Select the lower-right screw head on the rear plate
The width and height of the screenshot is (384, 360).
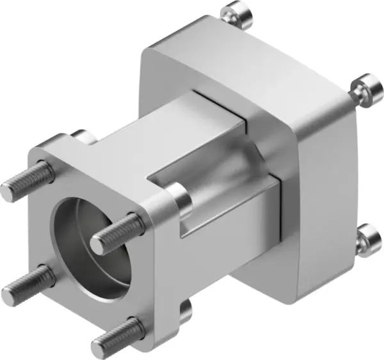(x=368, y=239)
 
